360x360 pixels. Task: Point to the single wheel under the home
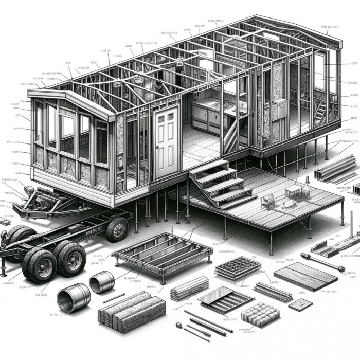117,229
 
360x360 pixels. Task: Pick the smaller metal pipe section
101,282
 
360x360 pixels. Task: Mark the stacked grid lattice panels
237,268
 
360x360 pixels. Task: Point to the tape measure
180,326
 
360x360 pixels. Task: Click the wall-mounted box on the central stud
282,108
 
